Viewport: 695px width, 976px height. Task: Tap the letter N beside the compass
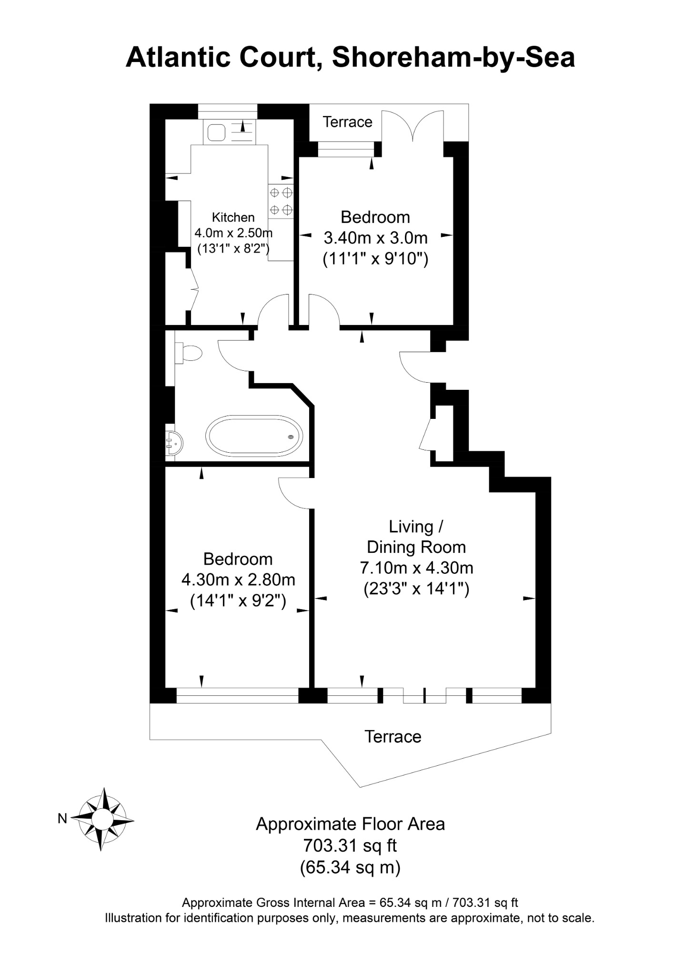point(62,819)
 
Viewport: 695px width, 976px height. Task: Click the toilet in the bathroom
point(188,353)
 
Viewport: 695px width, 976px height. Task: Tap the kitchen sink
point(216,132)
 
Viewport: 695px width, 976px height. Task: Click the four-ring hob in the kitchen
point(281,201)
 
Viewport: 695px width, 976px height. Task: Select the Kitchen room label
point(233,217)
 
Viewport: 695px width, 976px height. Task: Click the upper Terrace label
point(348,122)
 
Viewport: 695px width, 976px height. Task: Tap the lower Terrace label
point(393,736)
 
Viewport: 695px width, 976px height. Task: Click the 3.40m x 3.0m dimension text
point(376,238)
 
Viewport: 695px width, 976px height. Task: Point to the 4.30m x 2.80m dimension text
point(238,579)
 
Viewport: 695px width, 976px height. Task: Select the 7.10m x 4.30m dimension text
point(416,568)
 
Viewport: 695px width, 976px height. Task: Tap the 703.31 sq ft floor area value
point(350,845)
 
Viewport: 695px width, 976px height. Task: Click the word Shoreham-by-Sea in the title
point(453,57)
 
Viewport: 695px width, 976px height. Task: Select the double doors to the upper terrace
point(413,125)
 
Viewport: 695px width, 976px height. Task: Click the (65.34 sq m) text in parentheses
point(350,867)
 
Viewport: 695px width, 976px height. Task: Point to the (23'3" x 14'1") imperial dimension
point(416,589)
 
